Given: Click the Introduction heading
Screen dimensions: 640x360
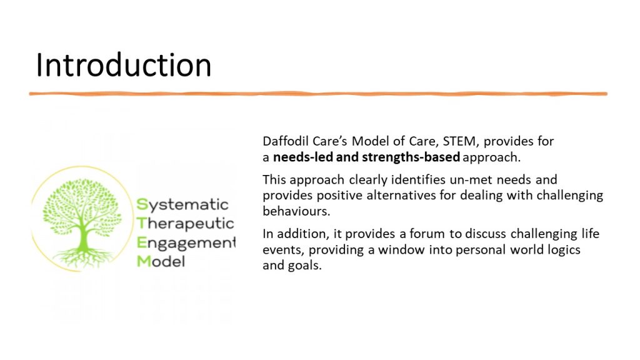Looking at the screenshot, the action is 124,65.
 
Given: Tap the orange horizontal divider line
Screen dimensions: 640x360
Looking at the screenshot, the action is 318,94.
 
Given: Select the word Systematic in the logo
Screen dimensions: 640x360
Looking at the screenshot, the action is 182,204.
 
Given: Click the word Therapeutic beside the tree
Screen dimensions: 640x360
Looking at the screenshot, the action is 185,224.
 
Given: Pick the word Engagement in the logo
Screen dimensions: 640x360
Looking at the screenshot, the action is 186,243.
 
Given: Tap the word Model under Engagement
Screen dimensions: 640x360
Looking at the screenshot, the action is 161,261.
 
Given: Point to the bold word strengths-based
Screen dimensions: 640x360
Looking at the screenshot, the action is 411,157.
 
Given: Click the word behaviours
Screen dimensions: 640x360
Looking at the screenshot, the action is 296,211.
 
